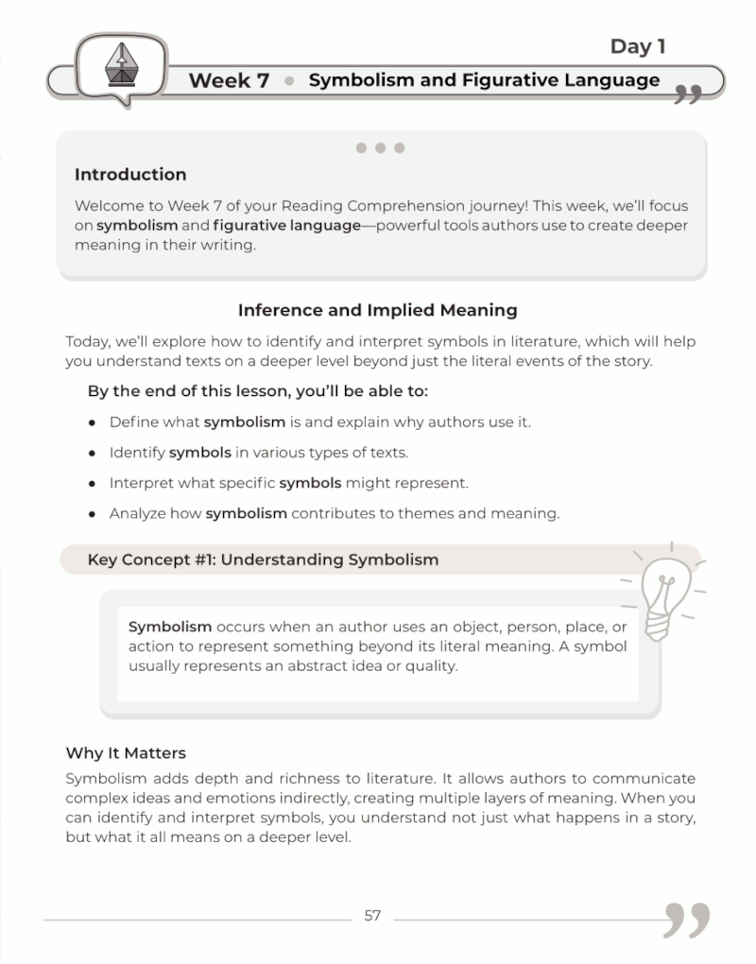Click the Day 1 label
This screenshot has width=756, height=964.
(x=644, y=46)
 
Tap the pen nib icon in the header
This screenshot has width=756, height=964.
(x=120, y=64)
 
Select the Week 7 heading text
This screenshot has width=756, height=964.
(x=229, y=80)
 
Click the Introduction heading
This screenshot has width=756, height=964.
(x=130, y=175)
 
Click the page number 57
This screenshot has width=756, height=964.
(x=372, y=915)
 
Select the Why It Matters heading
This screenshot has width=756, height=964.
(x=126, y=753)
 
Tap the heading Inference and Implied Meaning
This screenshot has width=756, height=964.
(x=377, y=310)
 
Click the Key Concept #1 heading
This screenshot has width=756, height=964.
(x=263, y=559)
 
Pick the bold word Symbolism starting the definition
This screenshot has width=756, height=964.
(x=170, y=627)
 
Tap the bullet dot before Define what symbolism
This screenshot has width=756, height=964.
(x=92, y=422)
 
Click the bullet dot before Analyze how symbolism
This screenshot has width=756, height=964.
(x=92, y=514)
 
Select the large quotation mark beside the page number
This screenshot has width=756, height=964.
(x=686, y=919)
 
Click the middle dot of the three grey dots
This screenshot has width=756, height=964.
(x=380, y=147)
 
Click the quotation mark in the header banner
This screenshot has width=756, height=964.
(x=689, y=92)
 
